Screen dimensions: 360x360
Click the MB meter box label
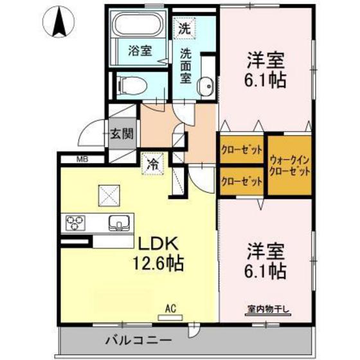click(82, 159)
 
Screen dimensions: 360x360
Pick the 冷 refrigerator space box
click(152, 163)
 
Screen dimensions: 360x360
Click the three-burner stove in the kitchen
click(76, 223)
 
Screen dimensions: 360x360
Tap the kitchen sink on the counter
click(120, 224)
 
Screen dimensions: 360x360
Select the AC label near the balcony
click(170, 308)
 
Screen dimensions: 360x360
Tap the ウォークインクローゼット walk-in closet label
click(290, 166)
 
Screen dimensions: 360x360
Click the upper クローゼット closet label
click(242, 151)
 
